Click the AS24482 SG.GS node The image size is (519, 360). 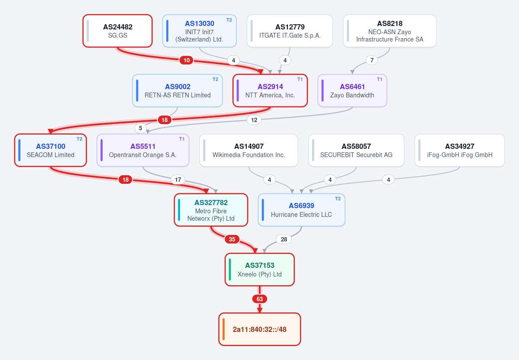(117, 31)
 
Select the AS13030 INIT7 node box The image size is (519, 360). (199, 31)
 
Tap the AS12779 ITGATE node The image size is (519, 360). (290, 31)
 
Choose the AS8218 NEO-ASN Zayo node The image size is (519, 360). (390, 31)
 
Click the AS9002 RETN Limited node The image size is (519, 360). (177, 91)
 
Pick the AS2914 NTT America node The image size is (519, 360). (270, 91)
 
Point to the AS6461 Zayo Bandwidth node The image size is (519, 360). (352, 91)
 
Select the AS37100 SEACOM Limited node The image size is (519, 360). (50, 150)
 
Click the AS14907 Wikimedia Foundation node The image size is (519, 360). (248, 150)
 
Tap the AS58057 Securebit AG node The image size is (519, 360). (356, 150)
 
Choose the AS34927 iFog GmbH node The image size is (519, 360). (460, 150)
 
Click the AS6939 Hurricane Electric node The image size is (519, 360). (302, 210)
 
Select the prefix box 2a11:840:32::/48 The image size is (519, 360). (260, 329)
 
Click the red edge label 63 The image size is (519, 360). (260, 299)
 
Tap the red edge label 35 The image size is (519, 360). (232, 239)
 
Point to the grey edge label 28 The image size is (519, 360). (284, 239)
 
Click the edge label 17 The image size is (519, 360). (178, 180)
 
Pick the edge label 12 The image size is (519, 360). (254, 120)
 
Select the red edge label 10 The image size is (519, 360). (187, 60)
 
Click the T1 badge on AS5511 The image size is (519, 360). (182, 139)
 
